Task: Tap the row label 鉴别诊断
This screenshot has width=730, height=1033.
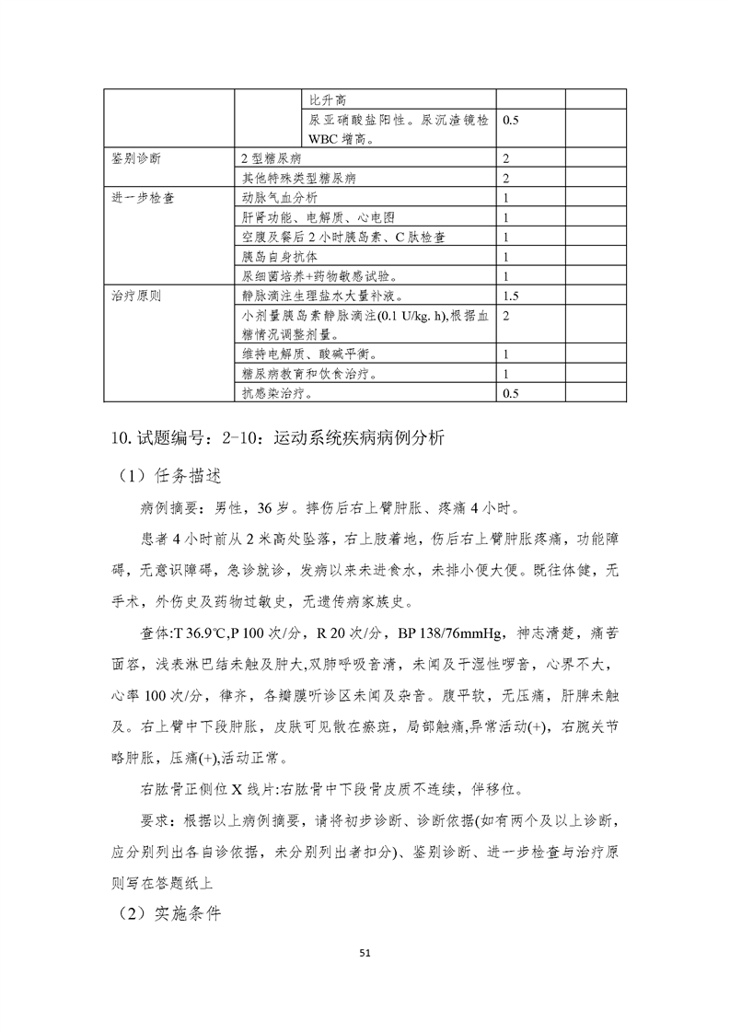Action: point(135,158)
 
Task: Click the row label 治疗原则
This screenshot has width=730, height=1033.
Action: point(135,296)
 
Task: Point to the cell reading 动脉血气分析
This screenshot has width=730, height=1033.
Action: point(280,198)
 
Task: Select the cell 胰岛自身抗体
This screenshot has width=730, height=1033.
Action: point(280,257)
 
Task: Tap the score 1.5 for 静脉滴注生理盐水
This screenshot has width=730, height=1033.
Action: point(513,296)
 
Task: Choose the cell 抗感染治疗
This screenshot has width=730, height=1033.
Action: point(274,394)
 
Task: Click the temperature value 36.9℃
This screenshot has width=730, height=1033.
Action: point(203,633)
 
